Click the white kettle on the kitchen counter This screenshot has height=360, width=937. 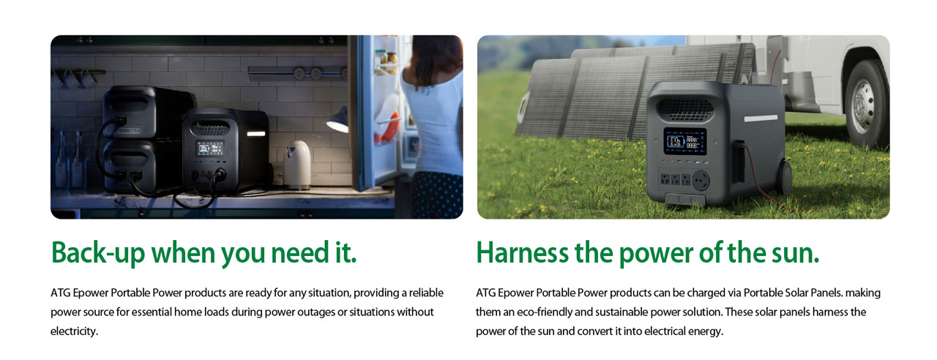[297, 165]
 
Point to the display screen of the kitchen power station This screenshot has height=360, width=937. [205, 151]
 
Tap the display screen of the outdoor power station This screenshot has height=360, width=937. [684, 141]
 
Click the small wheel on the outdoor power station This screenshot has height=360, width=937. [784, 179]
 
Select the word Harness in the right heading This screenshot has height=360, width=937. [522, 253]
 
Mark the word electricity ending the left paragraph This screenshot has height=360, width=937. [73, 331]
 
